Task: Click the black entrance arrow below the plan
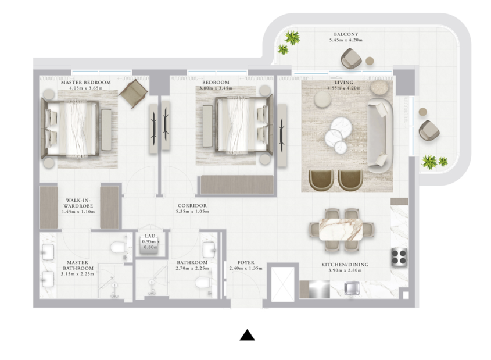[247, 335]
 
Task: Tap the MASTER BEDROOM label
[86, 83]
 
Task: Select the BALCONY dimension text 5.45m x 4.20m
[346, 40]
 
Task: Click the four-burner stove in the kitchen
[399, 257]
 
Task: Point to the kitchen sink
[352, 288]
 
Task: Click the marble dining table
[341, 229]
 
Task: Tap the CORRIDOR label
[192, 206]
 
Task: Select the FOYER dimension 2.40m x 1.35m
[246, 268]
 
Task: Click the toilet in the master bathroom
[119, 248]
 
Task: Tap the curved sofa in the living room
[380, 135]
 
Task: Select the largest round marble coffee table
[341, 125]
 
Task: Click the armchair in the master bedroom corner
[134, 94]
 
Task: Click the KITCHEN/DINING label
[345, 265]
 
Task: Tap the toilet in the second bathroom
[203, 283]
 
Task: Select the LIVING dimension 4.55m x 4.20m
[344, 88]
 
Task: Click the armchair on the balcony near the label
[351, 58]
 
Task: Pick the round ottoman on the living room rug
[322, 100]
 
